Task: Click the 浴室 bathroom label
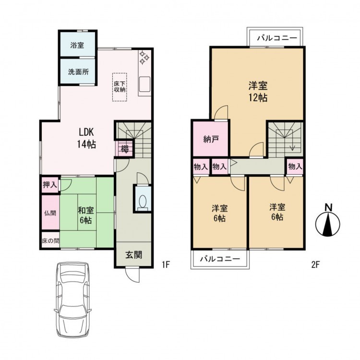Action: point(77,45)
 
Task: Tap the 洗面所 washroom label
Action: point(78,72)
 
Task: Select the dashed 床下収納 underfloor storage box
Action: point(120,87)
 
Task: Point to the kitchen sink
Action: point(144,84)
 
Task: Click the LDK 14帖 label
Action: point(86,138)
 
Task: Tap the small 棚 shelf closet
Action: point(124,149)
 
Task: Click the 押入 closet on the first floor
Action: point(50,185)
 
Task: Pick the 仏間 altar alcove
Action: point(50,213)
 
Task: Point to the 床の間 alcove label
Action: point(50,240)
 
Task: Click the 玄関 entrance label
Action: point(133,254)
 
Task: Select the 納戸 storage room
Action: point(211,139)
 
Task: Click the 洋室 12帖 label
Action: point(258,92)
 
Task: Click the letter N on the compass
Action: point(329,208)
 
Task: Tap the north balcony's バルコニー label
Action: point(277,37)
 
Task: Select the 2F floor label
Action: point(315,265)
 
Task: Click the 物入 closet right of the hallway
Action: point(295,167)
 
